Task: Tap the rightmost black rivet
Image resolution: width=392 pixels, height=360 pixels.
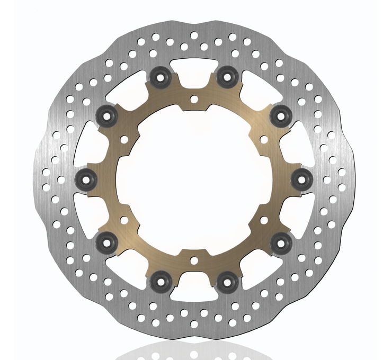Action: click(301, 178)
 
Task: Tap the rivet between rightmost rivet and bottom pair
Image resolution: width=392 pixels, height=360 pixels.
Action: click(281, 244)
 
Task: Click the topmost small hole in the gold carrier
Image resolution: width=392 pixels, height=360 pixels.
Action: click(194, 98)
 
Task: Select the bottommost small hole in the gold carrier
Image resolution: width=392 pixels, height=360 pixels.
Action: click(194, 259)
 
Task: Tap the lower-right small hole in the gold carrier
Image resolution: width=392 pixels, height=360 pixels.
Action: click(264, 219)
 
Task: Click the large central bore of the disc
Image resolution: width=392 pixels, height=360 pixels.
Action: click(194, 179)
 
